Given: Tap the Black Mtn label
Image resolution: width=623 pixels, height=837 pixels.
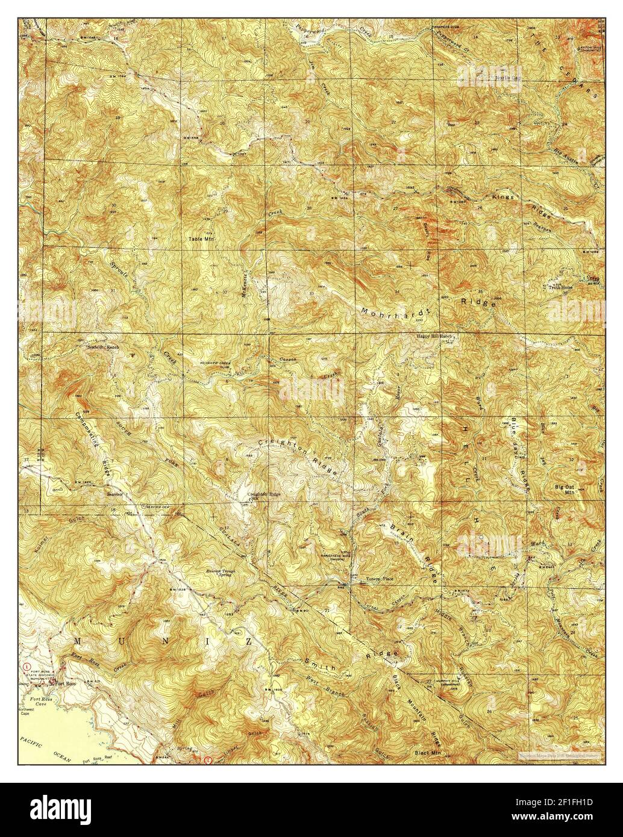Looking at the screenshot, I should coord(428,753).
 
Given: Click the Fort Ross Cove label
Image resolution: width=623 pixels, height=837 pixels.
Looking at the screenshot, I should coord(34,702).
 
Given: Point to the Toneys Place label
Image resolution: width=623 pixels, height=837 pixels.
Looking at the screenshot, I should coord(380,579).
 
